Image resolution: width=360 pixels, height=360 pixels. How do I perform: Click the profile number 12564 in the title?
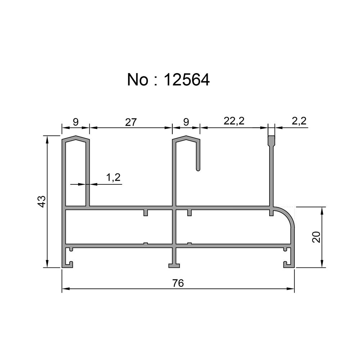coord(186,80)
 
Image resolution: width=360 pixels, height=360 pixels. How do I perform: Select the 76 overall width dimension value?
coord(178,283)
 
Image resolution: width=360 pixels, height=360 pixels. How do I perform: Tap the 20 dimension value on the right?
coord(316,237)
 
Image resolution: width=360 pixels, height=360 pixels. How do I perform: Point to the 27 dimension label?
coord(131,122)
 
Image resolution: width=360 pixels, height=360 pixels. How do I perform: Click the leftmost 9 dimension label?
coord(76,122)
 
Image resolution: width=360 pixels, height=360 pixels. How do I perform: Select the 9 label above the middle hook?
coord(186,122)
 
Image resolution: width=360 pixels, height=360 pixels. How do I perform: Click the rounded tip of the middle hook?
coord(198,168)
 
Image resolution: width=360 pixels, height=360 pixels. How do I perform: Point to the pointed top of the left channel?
coord(76,137)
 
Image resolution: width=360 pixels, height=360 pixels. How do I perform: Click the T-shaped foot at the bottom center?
coord(175,266)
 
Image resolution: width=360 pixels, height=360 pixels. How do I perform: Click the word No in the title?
coord(138,80)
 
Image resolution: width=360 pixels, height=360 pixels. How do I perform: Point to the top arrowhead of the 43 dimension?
coord(47,139)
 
